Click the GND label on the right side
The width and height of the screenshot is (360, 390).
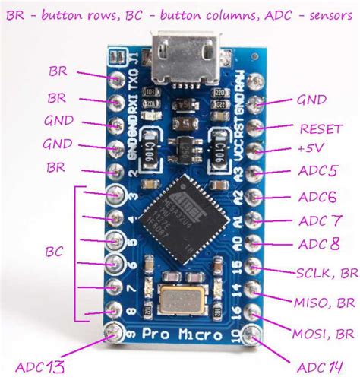pyautogui.click(x=311, y=100)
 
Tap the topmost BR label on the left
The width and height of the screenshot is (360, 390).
pyautogui.click(x=58, y=71)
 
